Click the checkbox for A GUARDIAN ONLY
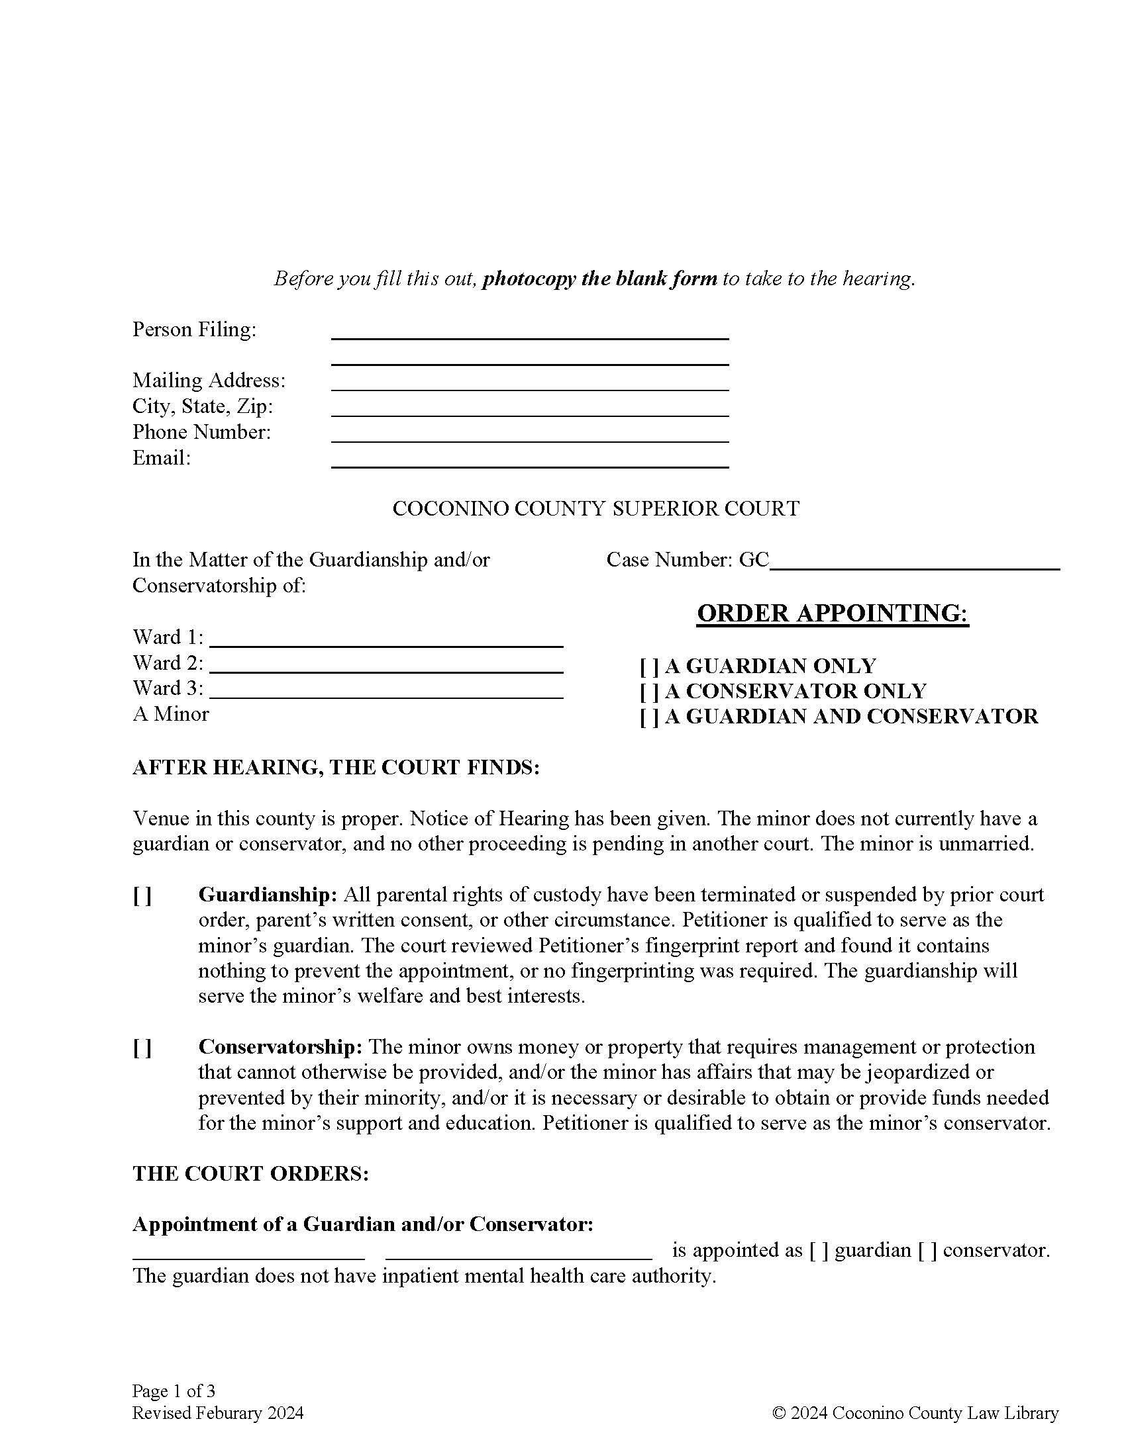point(649,666)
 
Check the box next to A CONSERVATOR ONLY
point(649,692)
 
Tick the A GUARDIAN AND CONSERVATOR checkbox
point(649,717)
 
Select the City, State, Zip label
point(202,406)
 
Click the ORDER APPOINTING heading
point(832,613)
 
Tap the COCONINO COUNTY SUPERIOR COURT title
point(595,509)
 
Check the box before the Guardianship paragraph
point(142,897)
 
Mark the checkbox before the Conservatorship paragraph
point(142,1050)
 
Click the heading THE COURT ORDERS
point(250,1174)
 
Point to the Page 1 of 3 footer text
point(174,1390)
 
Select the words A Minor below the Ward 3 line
point(171,715)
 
